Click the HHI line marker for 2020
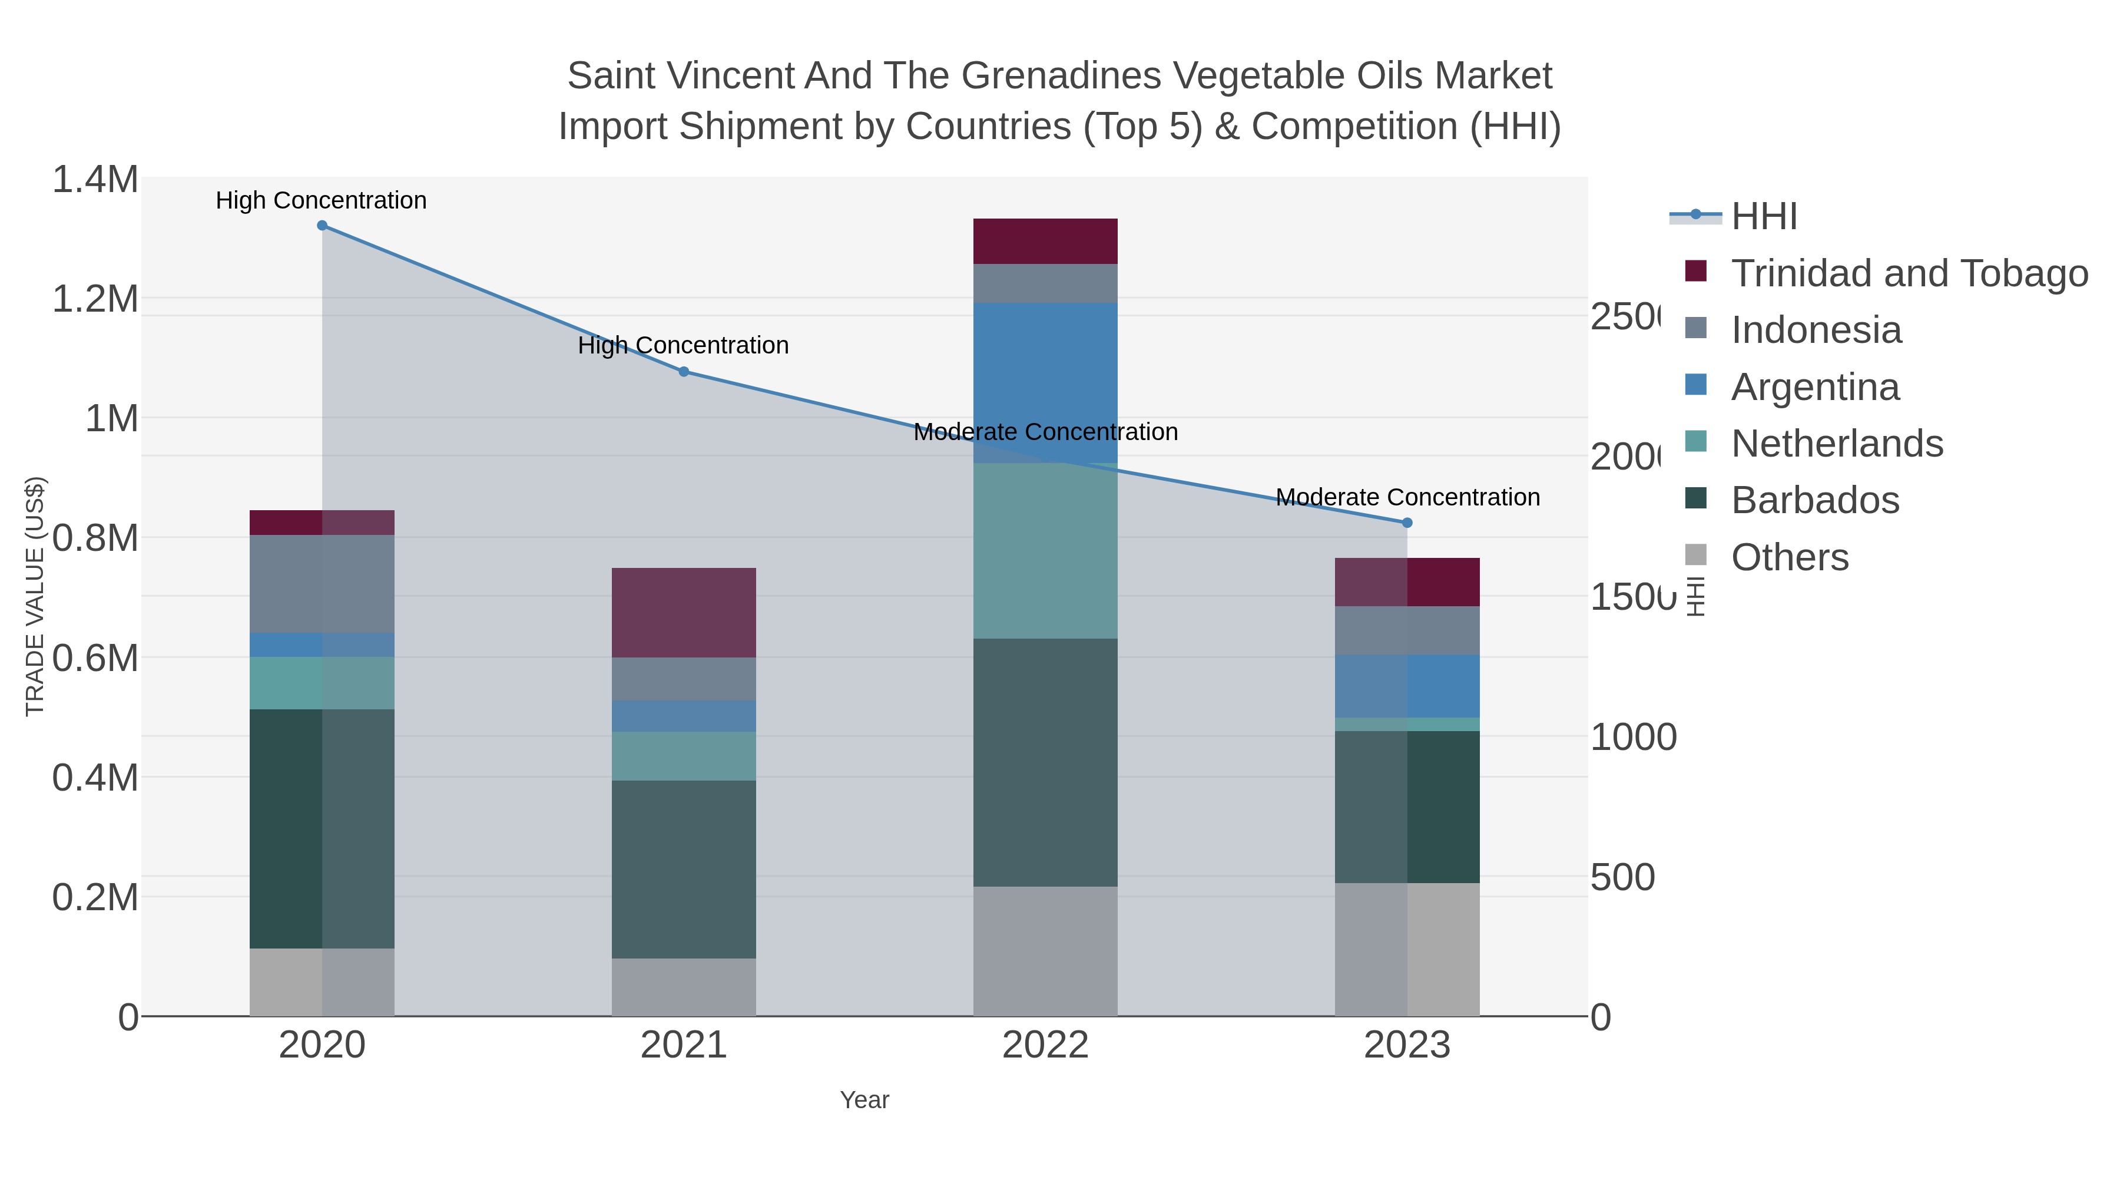click(322, 226)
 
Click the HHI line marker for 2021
click(683, 371)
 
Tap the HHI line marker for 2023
click(1406, 523)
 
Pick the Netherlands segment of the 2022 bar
click(1045, 550)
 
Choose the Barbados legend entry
click(1815, 500)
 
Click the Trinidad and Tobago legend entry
click(1909, 273)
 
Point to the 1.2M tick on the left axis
click(95, 299)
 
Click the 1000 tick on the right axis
click(1632, 737)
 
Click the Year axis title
click(864, 1100)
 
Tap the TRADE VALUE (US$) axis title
click(35, 596)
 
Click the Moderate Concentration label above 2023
click(1407, 497)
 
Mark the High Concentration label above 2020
click(321, 200)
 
